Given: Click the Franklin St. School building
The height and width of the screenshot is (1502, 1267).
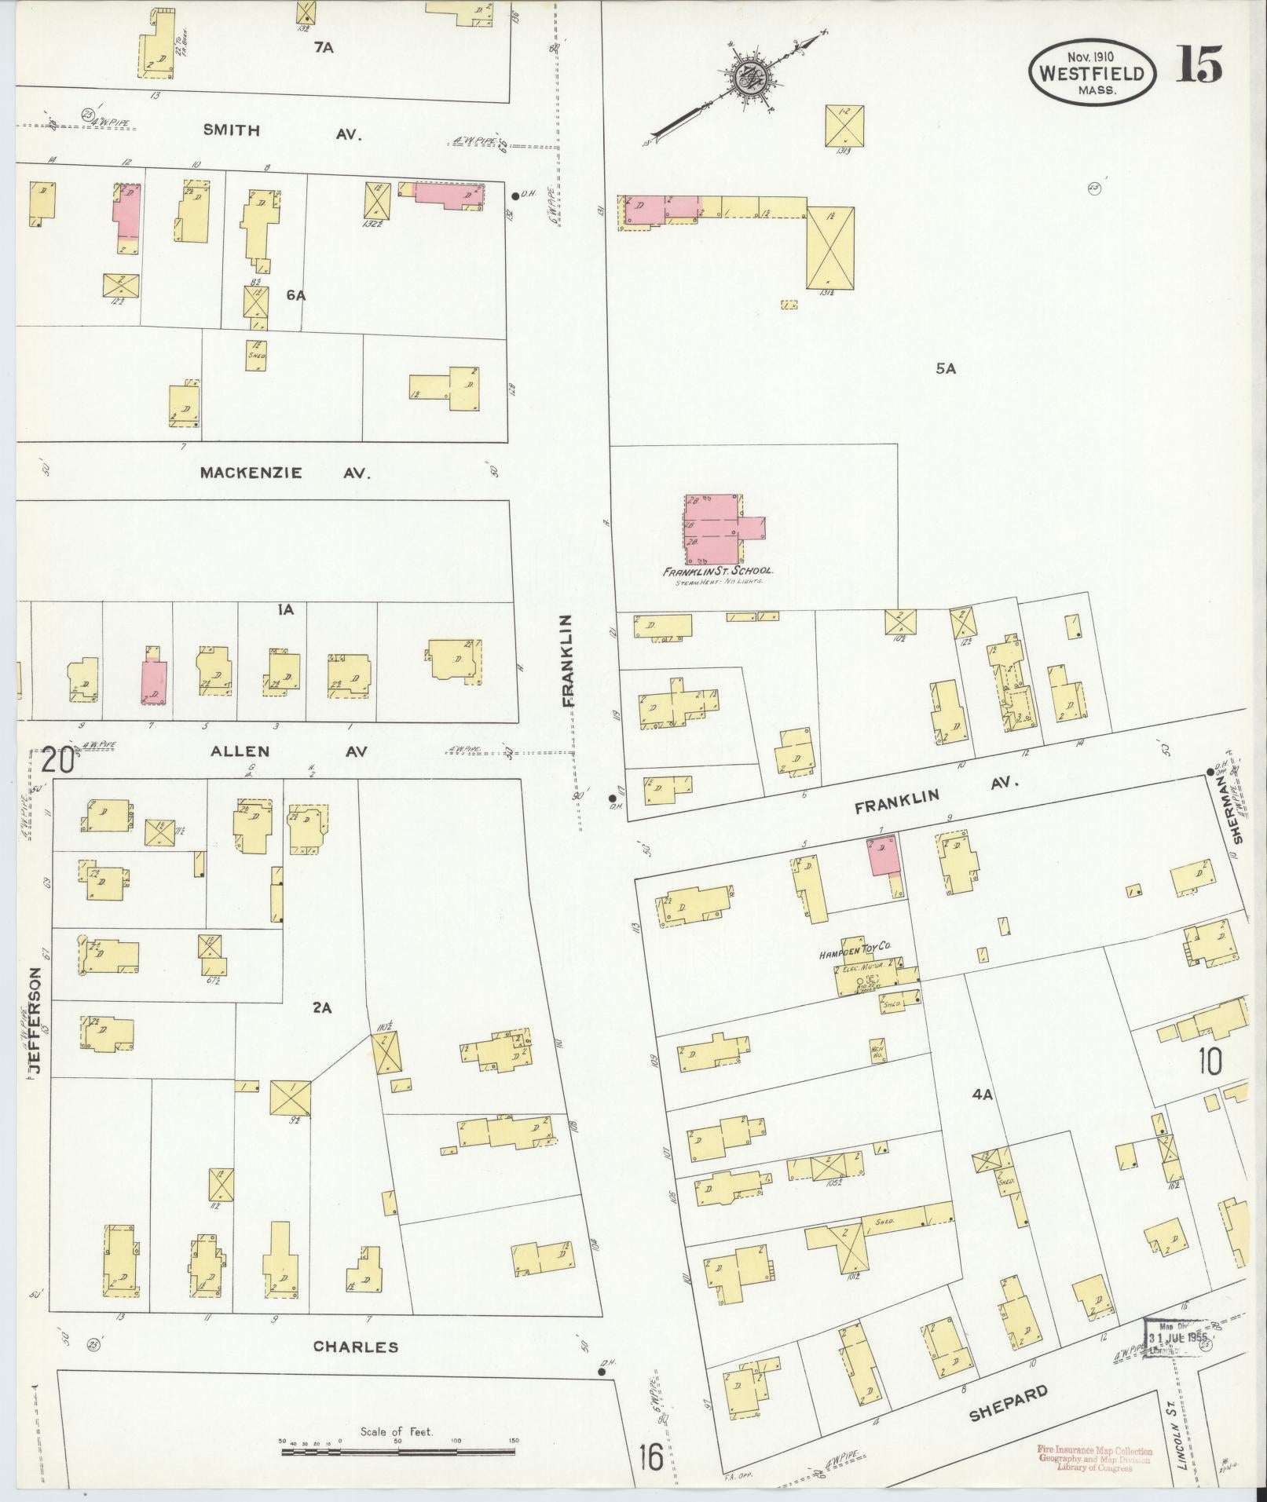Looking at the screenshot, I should click(x=713, y=529).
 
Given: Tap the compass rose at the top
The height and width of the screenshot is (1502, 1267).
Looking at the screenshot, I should click(x=755, y=78).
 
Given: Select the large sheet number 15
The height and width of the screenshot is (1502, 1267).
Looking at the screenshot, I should click(x=1199, y=64).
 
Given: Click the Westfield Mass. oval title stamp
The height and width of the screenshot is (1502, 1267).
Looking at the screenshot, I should click(x=1093, y=72).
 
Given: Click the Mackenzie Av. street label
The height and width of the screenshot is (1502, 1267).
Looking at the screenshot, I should click(x=284, y=473).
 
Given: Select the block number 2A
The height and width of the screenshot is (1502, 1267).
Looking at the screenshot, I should click(x=321, y=1008).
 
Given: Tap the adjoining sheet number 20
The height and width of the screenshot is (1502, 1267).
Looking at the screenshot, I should click(x=59, y=762).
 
